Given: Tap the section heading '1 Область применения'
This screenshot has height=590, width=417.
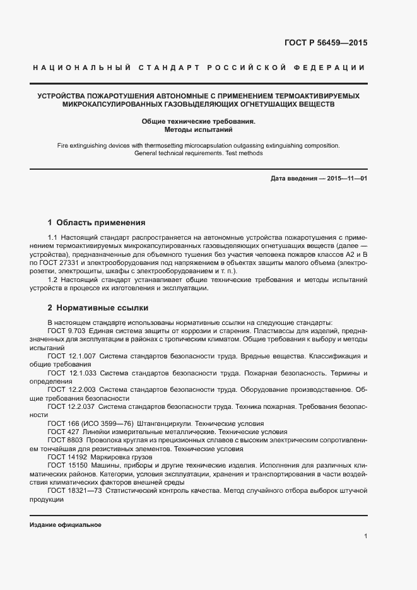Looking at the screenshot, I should pyautogui.click(x=97, y=223).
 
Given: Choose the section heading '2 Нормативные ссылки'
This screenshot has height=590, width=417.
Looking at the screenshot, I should pyautogui.click(x=98, y=308).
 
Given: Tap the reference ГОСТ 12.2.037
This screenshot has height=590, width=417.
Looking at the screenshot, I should pyautogui.click(x=71, y=407).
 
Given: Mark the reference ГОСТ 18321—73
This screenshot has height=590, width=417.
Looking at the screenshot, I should pyautogui.click(x=74, y=490).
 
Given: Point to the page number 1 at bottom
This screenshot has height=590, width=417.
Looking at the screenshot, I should pyautogui.click(x=365, y=536).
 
